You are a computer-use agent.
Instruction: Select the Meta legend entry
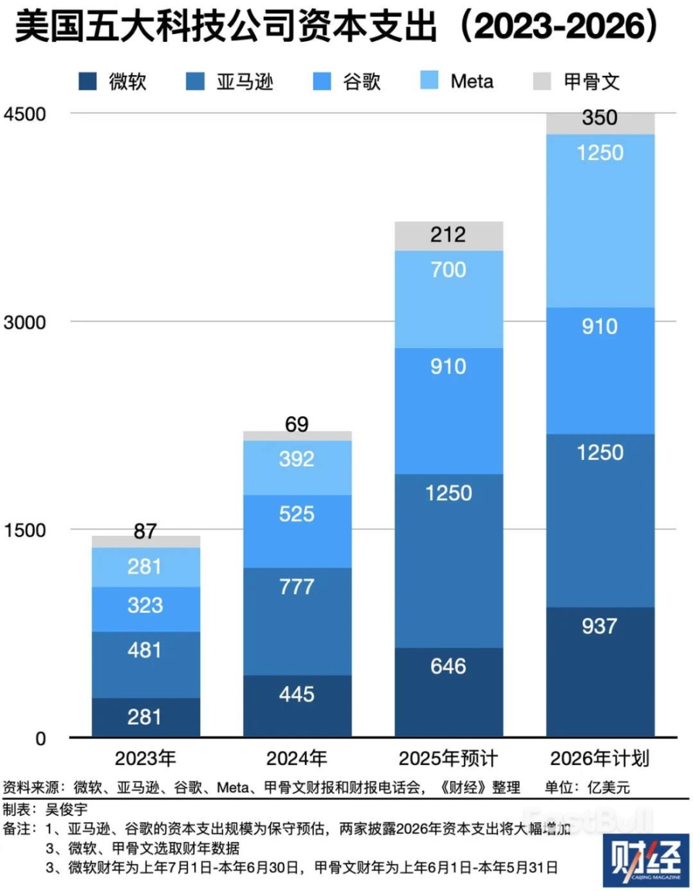click(471, 81)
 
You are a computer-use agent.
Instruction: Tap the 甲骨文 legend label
click(592, 81)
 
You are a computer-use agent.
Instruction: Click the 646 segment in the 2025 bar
click(449, 664)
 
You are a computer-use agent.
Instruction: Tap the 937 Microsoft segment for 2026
click(600, 625)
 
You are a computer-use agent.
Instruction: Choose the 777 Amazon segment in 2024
click(297, 586)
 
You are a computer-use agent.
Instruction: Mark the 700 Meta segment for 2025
click(449, 270)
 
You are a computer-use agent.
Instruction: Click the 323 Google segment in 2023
click(145, 605)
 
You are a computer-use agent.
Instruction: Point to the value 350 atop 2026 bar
click(600, 118)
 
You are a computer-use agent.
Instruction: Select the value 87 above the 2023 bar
click(145, 531)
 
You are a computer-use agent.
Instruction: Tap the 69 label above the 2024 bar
click(297, 425)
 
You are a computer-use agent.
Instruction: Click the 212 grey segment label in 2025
click(449, 234)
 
